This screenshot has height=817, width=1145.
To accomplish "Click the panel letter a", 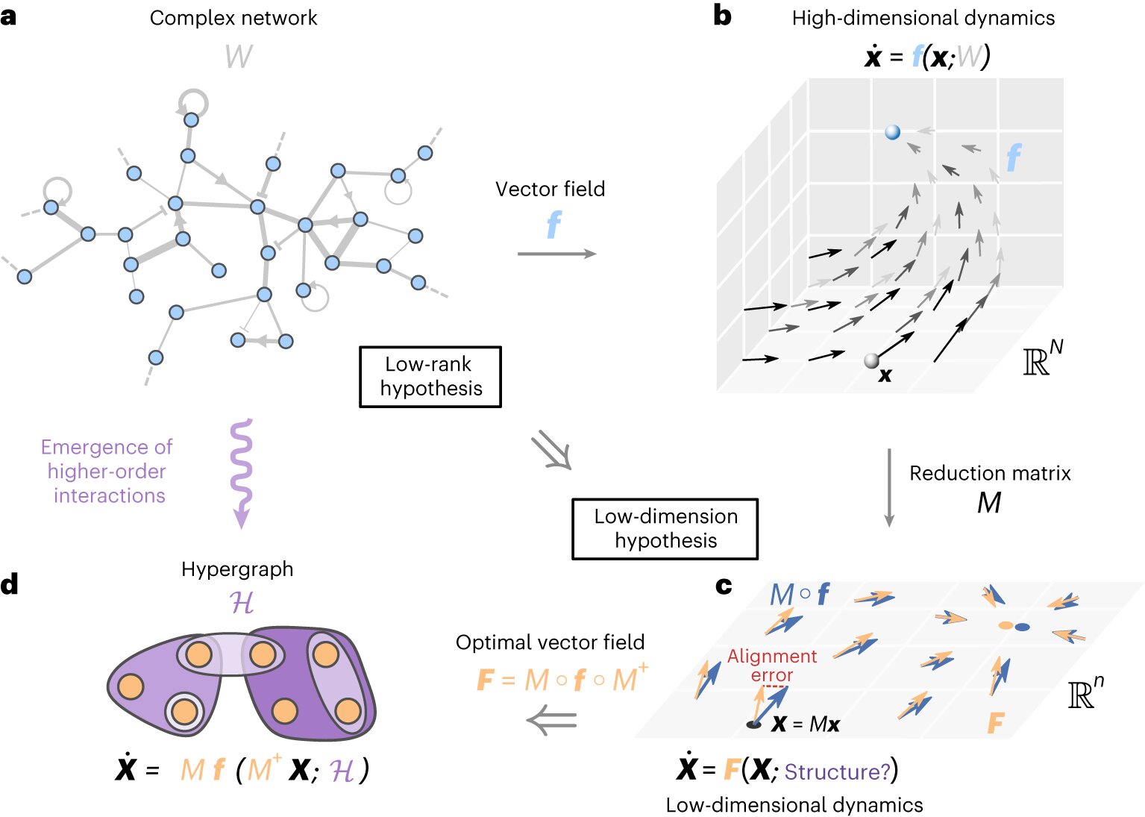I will pyautogui.click(x=9, y=17).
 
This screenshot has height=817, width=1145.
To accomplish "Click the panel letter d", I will pyautogui.click(x=10, y=584).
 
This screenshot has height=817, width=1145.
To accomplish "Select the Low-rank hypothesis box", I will pyautogui.click(x=430, y=377).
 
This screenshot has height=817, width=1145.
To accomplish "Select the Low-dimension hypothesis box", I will pyautogui.click(x=665, y=529).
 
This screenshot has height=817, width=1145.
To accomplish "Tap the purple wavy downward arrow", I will pyautogui.click(x=241, y=473).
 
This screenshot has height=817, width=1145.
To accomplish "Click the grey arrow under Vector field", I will pyautogui.click(x=556, y=254).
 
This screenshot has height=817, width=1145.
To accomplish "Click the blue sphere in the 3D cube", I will pyautogui.click(x=892, y=133).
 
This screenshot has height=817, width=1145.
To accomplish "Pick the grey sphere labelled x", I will pyautogui.click(x=871, y=361).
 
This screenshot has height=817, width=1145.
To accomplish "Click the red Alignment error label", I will pyautogui.click(x=771, y=666).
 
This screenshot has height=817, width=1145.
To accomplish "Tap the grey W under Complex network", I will pyautogui.click(x=239, y=57).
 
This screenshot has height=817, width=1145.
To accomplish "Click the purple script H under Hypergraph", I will pyautogui.click(x=242, y=603).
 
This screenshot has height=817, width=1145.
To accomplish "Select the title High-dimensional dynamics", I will pyautogui.click(x=923, y=18).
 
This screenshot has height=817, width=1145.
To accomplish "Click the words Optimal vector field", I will pyautogui.click(x=550, y=642).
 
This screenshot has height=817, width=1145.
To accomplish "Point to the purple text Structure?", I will pyautogui.click(x=837, y=771).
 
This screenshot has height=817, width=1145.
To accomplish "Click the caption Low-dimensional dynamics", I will pyautogui.click(x=794, y=805).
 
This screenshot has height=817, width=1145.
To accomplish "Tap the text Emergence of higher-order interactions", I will pyautogui.click(x=107, y=472).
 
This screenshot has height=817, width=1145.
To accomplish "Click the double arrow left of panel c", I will pyautogui.click(x=551, y=721).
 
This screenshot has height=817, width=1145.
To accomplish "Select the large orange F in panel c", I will pyautogui.click(x=996, y=723).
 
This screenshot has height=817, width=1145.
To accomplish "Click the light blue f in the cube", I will pyautogui.click(x=1013, y=157).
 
